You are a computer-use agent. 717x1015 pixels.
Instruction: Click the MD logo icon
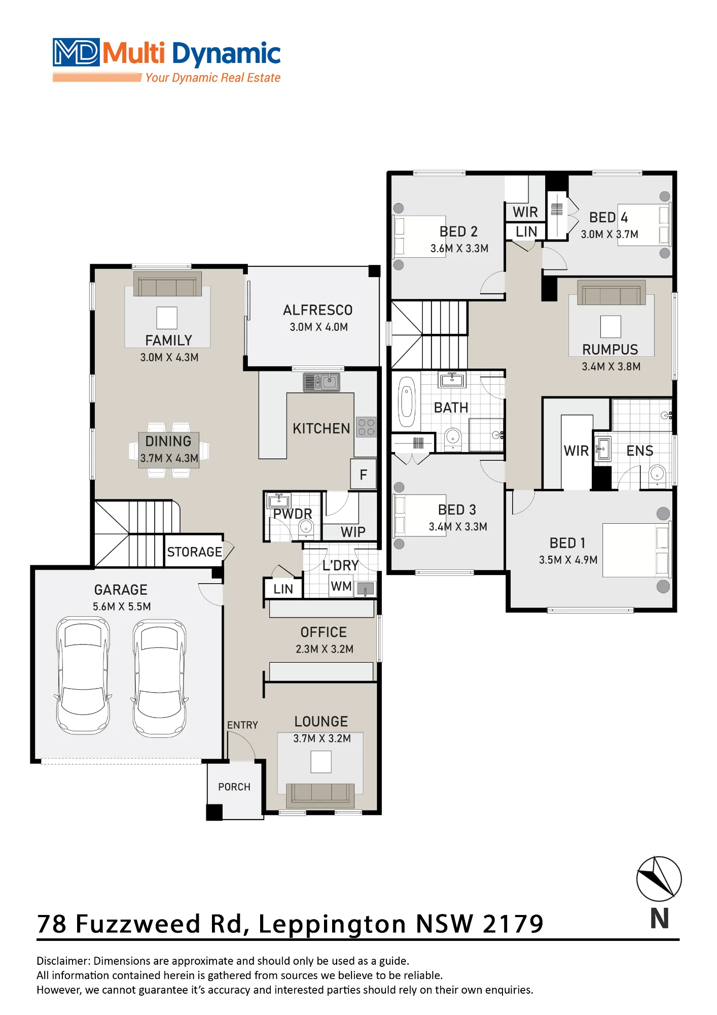[x=76, y=52]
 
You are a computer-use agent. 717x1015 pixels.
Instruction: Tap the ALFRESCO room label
[x=318, y=310]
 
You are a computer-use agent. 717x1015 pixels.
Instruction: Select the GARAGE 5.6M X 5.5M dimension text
[x=122, y=606]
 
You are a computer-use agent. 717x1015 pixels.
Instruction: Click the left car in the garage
[x=83, y=675]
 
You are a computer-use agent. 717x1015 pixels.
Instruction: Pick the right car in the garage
[x=160, y=678]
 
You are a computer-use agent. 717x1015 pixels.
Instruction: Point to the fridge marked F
[x=364, y=475]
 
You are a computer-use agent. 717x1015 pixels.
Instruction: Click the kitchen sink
[x=321, y=382]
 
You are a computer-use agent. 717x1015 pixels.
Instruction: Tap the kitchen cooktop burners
[x=366, y=427]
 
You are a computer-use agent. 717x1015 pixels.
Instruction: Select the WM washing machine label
[x=341, y=586]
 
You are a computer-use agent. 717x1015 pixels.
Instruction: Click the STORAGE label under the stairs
[x=195, y=552]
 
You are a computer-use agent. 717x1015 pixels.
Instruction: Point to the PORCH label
[x=234, y=787]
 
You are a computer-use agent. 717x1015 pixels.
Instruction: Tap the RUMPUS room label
[x=610, y=350]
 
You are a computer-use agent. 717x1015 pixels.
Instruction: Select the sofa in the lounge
[x=320, y=795]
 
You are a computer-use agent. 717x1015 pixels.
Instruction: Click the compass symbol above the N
[x=659, y=878]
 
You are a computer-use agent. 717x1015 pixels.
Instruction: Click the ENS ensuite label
[x=639, y=451]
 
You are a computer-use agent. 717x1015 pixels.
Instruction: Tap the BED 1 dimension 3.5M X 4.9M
[x=568, y=560]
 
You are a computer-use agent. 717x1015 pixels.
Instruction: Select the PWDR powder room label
[x=293, y=514]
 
